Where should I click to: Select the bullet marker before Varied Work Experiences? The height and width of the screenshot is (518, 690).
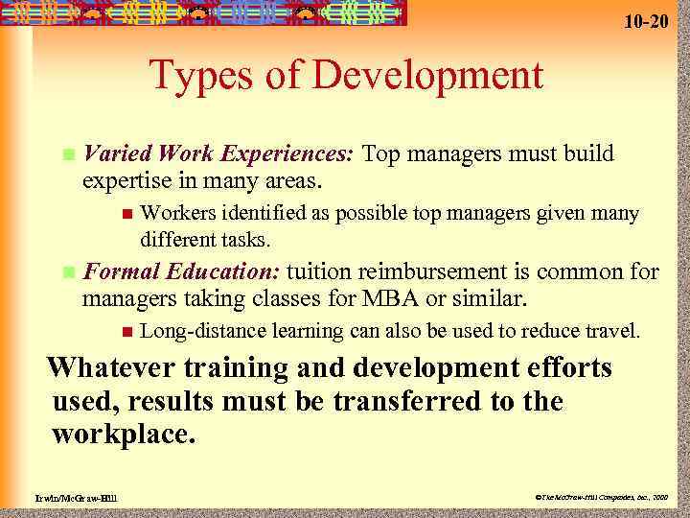tap(66, 154)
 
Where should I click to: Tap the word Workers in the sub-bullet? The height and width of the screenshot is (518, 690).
tap(184, 213)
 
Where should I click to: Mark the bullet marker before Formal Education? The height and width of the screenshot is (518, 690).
tap(66, 273)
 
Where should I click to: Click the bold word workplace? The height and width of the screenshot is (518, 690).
tap(124, 434)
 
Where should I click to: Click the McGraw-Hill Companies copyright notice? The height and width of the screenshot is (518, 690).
tap(599, 498)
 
